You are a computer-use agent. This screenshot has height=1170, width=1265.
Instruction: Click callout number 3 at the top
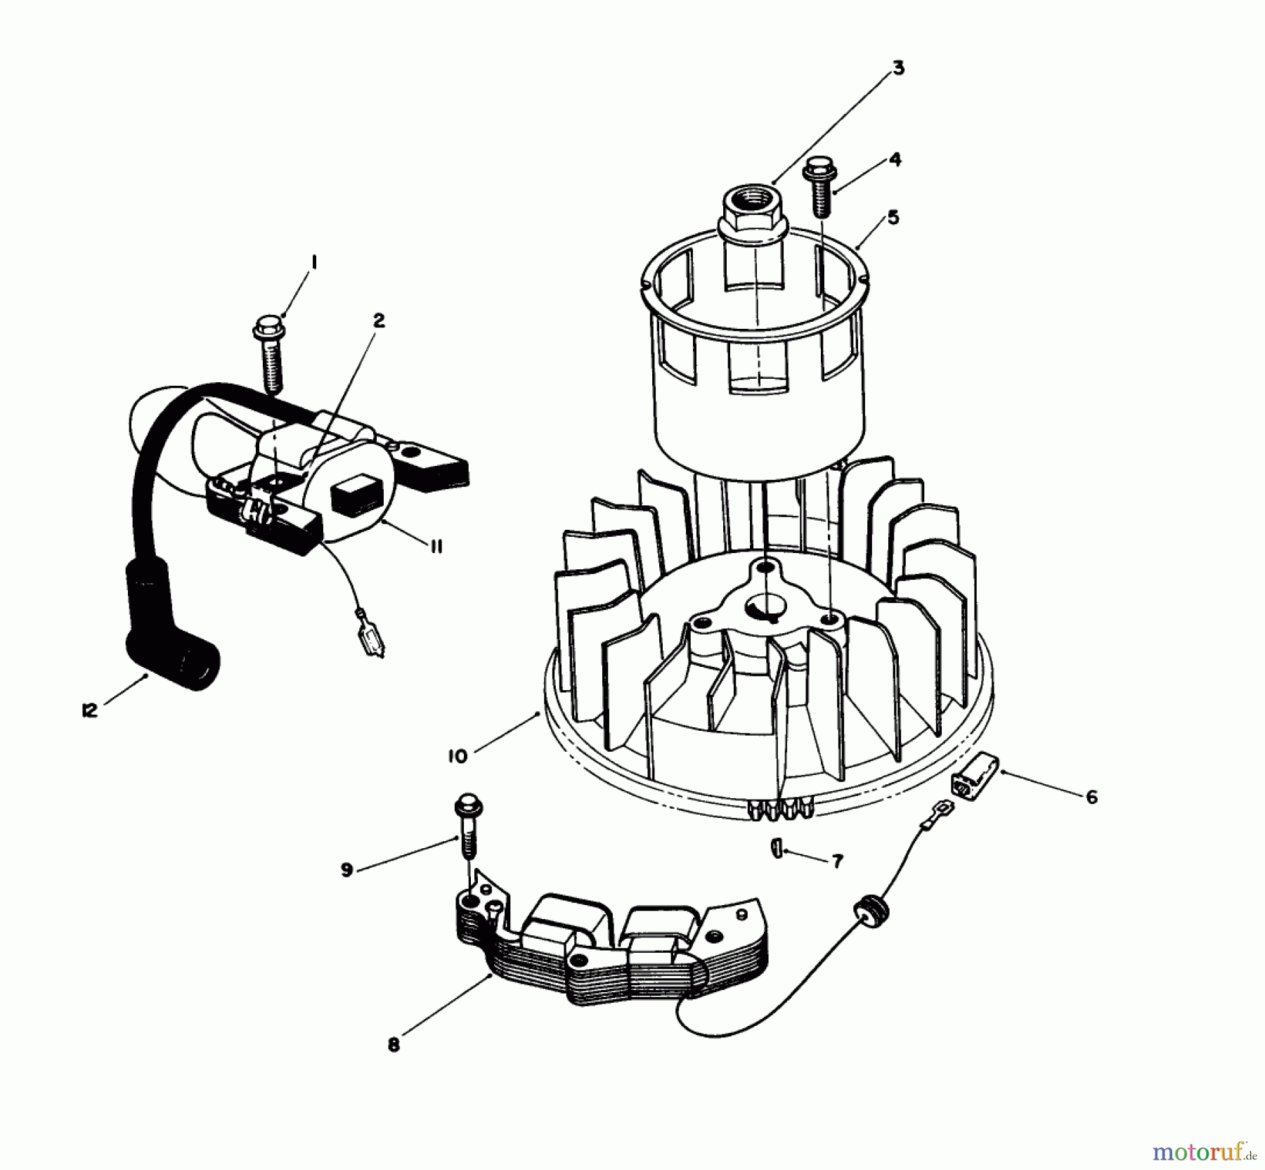(898, 68)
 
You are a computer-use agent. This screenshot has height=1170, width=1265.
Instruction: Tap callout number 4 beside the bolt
(894, 160)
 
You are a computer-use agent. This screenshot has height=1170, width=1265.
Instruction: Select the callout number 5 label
(893, 217)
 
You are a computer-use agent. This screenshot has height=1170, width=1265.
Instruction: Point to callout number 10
(457, 756)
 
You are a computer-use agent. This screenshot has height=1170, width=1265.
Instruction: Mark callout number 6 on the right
(1091, 798)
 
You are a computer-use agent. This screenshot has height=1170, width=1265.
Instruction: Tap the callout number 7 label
(836, 862)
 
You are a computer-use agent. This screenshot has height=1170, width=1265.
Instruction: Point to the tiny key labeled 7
(775, 848)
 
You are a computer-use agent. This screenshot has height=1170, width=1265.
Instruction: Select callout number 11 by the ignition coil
(436, 546)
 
